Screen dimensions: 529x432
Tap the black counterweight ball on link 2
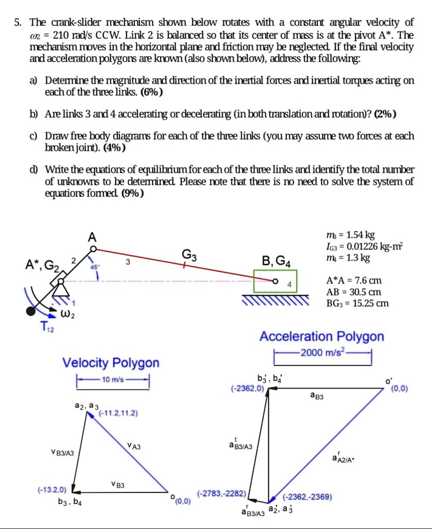pos(32,310)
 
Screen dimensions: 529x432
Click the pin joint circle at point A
pos(92,248)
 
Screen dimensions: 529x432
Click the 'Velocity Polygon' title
pos(111,362)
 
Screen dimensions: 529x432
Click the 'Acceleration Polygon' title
pos(321,336)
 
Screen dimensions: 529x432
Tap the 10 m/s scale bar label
pos(112,380)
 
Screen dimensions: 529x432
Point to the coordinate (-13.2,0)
pos(52,488)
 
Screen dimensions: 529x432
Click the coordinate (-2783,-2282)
pos(222,493)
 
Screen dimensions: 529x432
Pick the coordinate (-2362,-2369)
pos(307,497)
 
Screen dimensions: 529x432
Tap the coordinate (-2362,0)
pos(248,387)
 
